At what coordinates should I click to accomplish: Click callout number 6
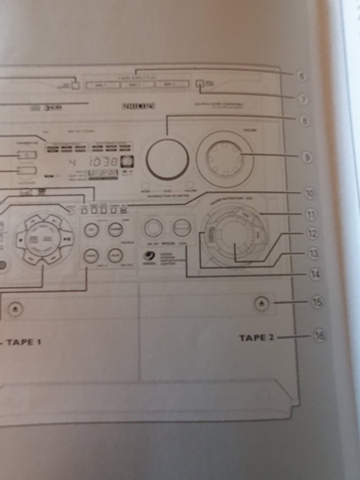pyautogui.click(x=301, y=76)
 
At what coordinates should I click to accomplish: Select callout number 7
pyautogui.click(x=302, y=99)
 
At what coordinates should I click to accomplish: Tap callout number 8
pyautogui.click(x=305, y=121)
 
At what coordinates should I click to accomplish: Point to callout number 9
pyautogui.click(x=307, y=157)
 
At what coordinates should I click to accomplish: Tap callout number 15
pyautogui.click(x=317, y=302)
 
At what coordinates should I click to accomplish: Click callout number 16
pyautogui.click(x=319, y=336)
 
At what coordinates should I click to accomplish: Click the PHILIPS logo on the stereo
pyautogui.click(x=139, y=106)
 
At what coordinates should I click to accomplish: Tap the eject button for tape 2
pyautogui.click(x=261, y=303)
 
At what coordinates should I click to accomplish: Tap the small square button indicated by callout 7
pyautogui.click(x=199, y=83)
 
